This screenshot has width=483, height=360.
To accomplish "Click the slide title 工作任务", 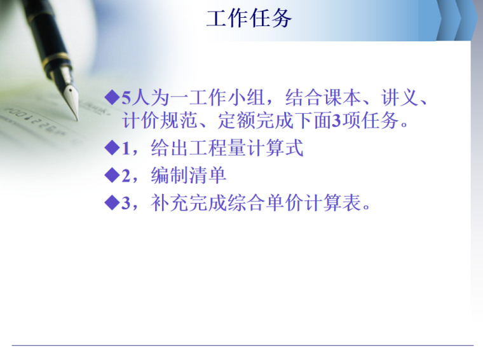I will (x=248, y=18).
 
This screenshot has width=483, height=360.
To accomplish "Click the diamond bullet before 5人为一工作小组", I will (x=112, y=97).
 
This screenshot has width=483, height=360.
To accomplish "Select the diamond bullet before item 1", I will (x=112, y=148).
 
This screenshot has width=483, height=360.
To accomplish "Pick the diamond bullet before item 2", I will (x=112, y=175).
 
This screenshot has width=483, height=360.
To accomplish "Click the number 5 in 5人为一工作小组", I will (x=126, y=98).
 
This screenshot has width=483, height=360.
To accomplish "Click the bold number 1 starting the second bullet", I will (x=126, y=149).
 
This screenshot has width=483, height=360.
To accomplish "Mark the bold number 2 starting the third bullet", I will (x=126, y=176).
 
